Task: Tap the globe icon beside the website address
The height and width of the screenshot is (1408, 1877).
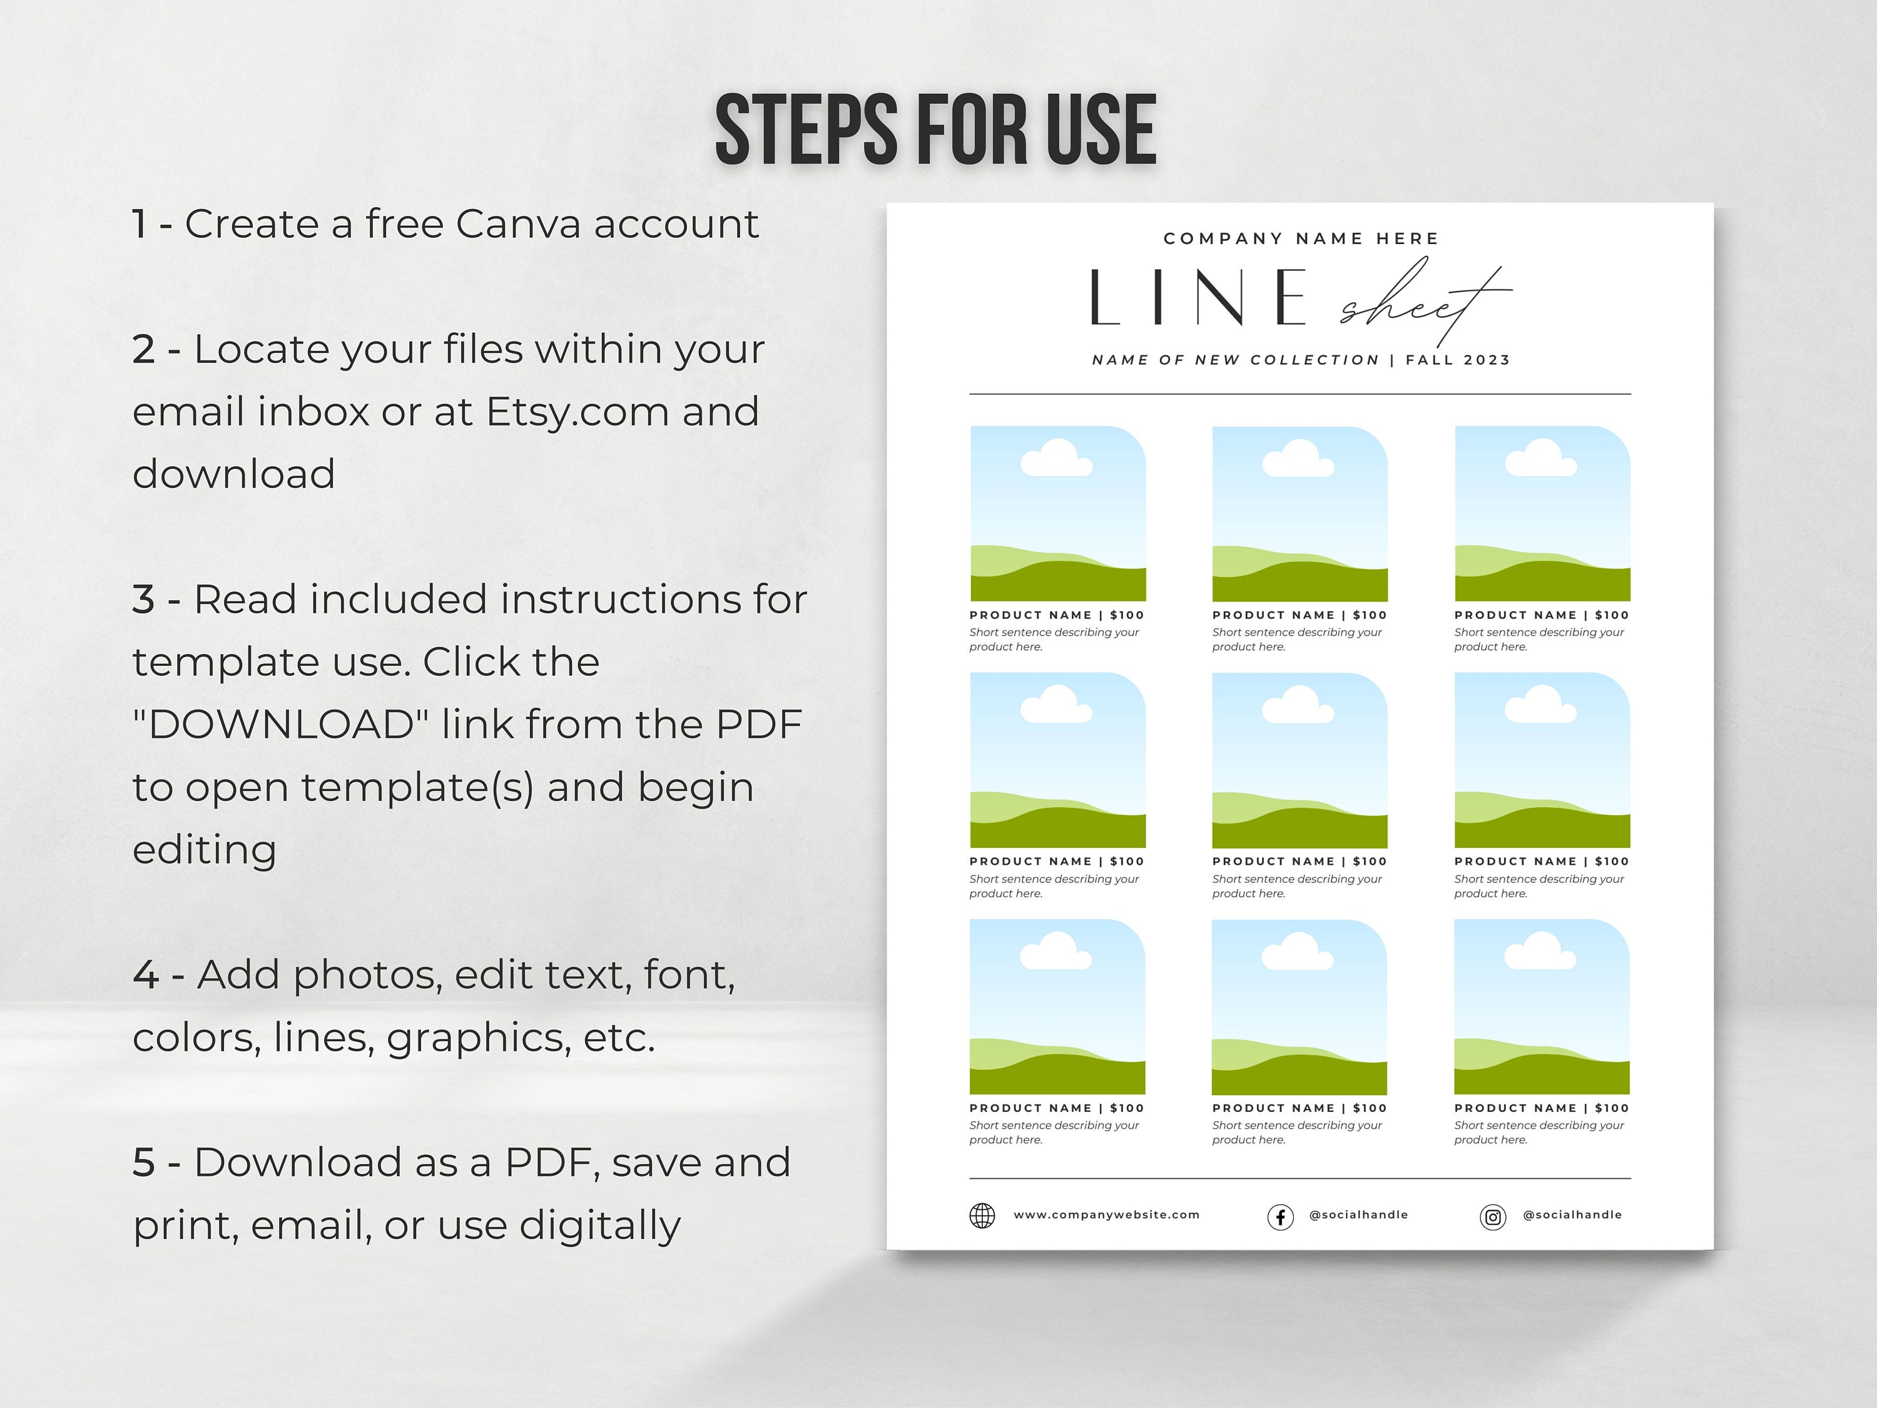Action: click(982, 1215)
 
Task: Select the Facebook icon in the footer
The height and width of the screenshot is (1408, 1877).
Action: click(1281, 1216)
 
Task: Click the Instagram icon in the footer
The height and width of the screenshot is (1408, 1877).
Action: click(1493, 1216)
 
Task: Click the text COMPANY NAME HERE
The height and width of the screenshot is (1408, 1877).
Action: click(1301, 238)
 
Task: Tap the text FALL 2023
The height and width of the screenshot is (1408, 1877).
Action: click(1458, 360)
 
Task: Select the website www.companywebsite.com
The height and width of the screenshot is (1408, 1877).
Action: click(1107, 1215)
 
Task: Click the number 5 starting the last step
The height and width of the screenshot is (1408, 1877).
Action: click(143, 1163)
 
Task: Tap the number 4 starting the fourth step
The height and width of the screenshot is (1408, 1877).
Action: click(146, 975)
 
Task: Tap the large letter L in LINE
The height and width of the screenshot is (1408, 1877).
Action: click(1105, 297)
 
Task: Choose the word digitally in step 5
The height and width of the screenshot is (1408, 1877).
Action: click(600, 1225)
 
